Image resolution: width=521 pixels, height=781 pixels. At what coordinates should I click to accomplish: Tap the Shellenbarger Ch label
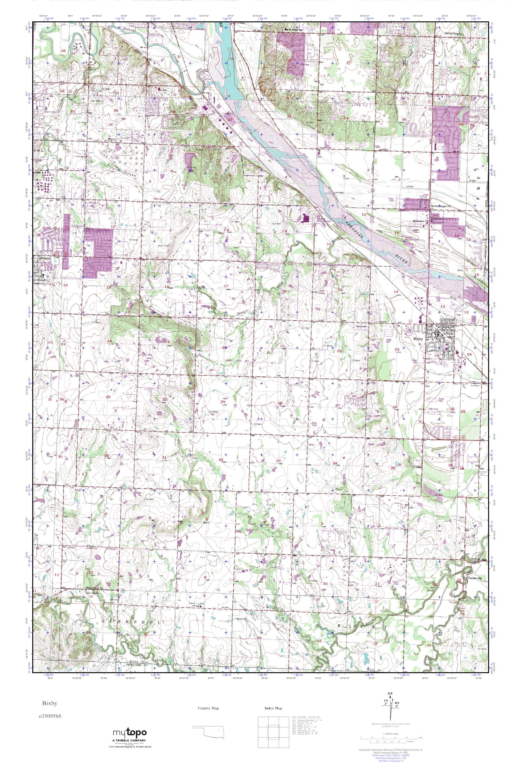tap(440, 206)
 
